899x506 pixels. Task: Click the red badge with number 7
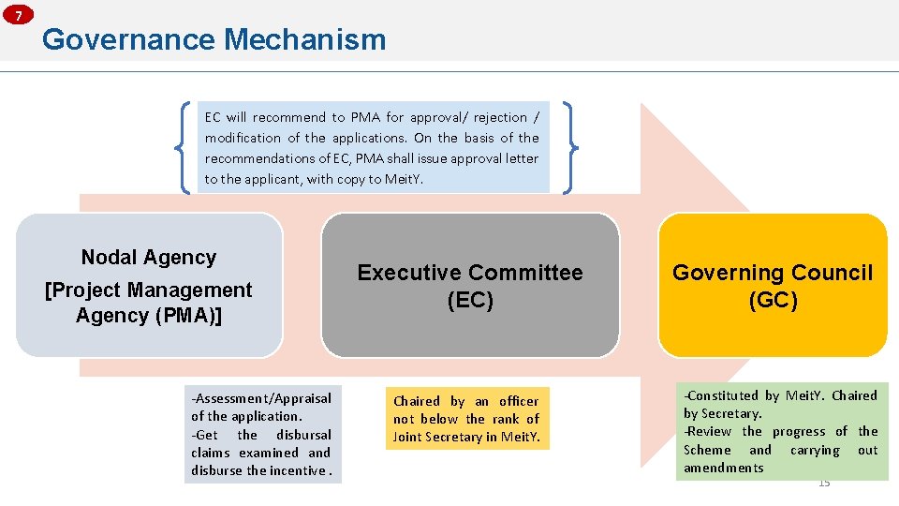18,14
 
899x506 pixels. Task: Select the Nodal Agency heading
149,257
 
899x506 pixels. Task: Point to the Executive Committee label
469,273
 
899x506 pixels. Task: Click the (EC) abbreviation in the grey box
469,300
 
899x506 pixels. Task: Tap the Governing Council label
772,273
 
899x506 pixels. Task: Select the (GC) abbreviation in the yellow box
773,300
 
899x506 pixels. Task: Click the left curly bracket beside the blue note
185,147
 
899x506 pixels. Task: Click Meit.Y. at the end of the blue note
405,179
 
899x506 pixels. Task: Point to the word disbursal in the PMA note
303,435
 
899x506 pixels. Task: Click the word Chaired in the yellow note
416,401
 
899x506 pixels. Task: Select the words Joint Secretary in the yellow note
446,437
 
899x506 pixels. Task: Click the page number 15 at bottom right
824,483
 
